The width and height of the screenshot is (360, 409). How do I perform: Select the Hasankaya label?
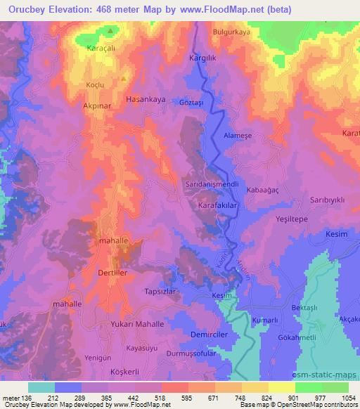pyautogui.click(x=146, y=100)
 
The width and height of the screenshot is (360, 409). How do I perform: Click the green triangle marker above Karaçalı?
pyautogui.click(x=110, y=31)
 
